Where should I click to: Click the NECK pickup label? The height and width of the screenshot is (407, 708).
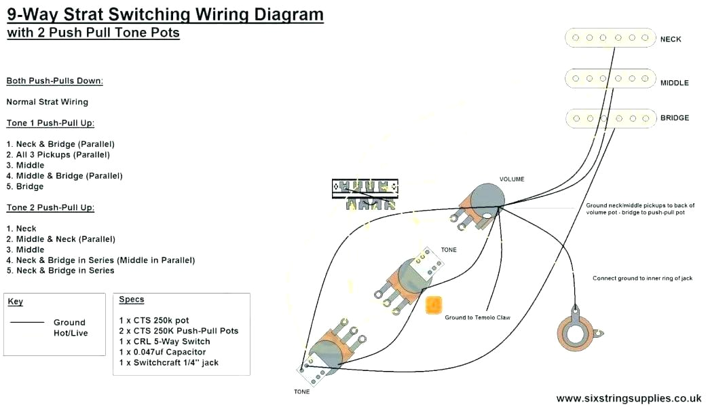(671, 39)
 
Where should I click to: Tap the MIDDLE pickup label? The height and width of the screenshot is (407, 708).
(674, 83)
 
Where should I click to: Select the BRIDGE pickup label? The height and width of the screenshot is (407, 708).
(674, 118)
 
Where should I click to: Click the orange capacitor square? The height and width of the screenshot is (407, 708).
(433, 305)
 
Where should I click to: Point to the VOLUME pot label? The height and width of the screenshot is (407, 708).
(512, 179)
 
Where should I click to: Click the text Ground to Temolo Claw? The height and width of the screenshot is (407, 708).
(477, 317)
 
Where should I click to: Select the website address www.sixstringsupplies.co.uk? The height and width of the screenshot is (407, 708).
(629, 398)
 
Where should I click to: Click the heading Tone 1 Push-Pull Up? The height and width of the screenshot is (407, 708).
(50, 123)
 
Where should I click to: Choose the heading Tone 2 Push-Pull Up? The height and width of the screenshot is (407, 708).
(50, 207)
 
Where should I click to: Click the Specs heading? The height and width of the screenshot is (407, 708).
(132, 300)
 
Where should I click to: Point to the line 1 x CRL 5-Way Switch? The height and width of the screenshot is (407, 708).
(164, 342)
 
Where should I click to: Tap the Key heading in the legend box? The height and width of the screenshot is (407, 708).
(15, 302)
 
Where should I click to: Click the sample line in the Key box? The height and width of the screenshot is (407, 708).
(27, 322)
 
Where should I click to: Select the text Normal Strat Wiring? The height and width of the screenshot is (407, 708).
(48, 102)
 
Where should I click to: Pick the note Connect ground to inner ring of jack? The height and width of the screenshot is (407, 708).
(642, 279)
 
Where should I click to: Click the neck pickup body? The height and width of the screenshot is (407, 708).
(610, 39)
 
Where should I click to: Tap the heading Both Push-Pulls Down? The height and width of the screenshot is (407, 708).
(54, 81)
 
